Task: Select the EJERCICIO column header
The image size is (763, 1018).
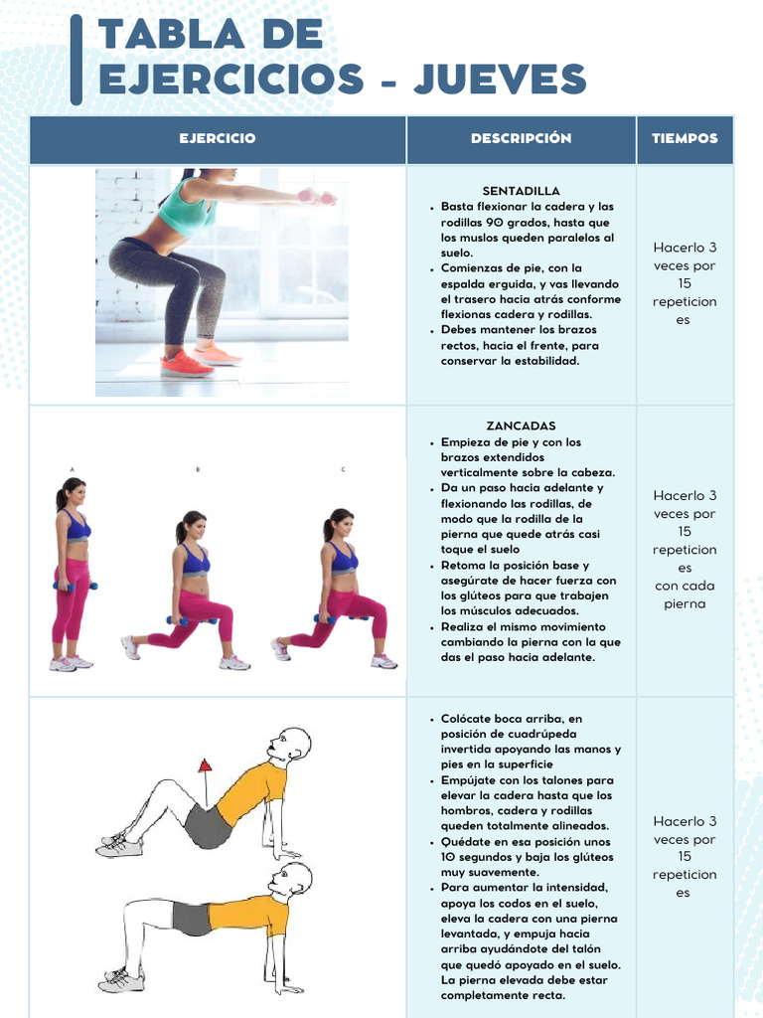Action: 218,139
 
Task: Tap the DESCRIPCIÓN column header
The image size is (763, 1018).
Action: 521,139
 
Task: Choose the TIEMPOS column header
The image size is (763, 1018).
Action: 685,139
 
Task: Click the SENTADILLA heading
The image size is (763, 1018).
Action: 521,191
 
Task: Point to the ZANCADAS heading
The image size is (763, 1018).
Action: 521,426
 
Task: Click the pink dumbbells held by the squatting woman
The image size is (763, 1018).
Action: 318,197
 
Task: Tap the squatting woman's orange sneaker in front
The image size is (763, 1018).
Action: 186,364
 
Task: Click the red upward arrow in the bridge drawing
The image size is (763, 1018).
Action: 205,766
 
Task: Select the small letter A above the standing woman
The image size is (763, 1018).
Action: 72,468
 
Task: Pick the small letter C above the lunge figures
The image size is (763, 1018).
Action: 343,468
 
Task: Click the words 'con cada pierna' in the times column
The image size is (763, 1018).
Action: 685,594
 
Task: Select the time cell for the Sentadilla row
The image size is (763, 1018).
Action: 685,284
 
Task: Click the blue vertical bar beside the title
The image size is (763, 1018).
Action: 76,60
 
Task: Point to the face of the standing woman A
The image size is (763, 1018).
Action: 76,493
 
